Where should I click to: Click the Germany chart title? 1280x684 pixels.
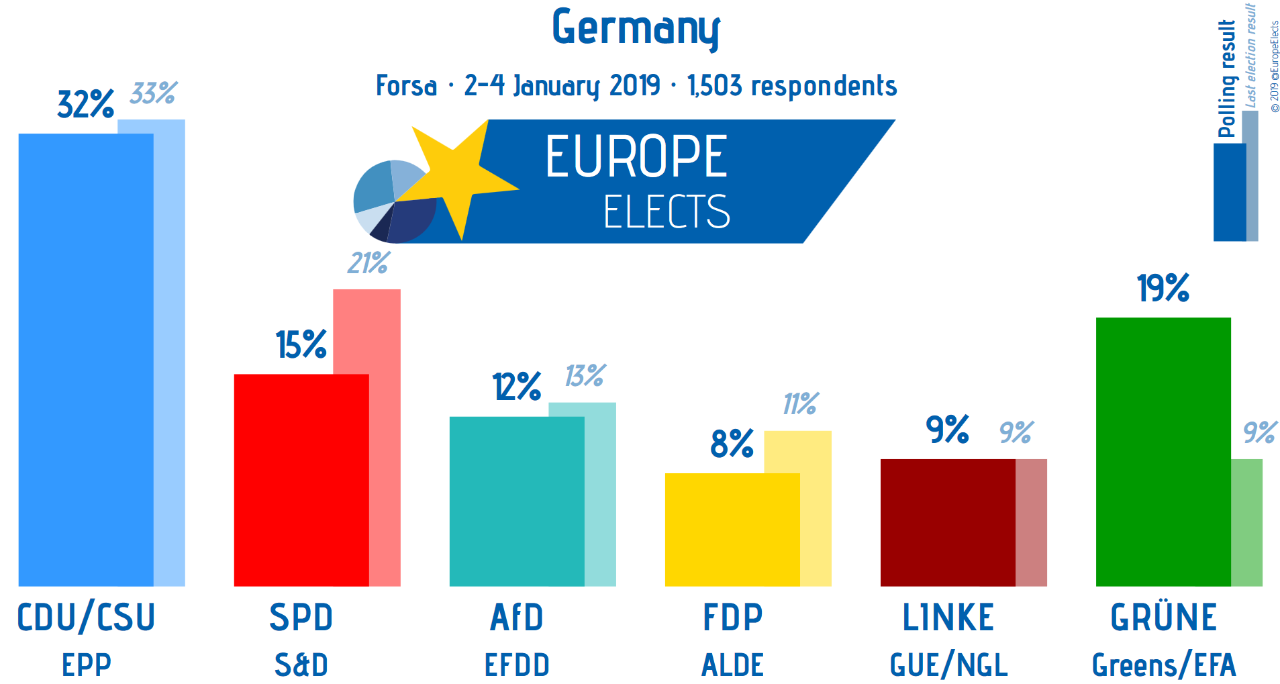click(636, 28)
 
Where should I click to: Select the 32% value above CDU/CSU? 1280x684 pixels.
click(85, 104)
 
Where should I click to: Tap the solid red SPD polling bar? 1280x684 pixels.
click(301, 479)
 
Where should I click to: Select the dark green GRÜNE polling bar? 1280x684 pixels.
click(1163, 451)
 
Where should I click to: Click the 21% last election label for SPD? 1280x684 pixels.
click(368, 262)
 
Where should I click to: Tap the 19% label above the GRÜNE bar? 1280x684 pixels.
click(1163, 288)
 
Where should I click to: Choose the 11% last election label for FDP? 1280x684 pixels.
click(800, 403)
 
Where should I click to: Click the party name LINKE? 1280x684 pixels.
click(948, 618)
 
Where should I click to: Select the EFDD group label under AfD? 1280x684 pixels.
click(517, 665)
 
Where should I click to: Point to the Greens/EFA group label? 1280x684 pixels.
click(1163, 665)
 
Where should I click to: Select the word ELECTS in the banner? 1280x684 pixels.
click(666, 212)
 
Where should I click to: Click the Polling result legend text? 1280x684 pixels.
click(1227, 79)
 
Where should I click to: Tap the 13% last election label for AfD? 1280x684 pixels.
click(585, 375)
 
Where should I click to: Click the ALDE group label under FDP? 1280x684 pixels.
click(732, 665)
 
